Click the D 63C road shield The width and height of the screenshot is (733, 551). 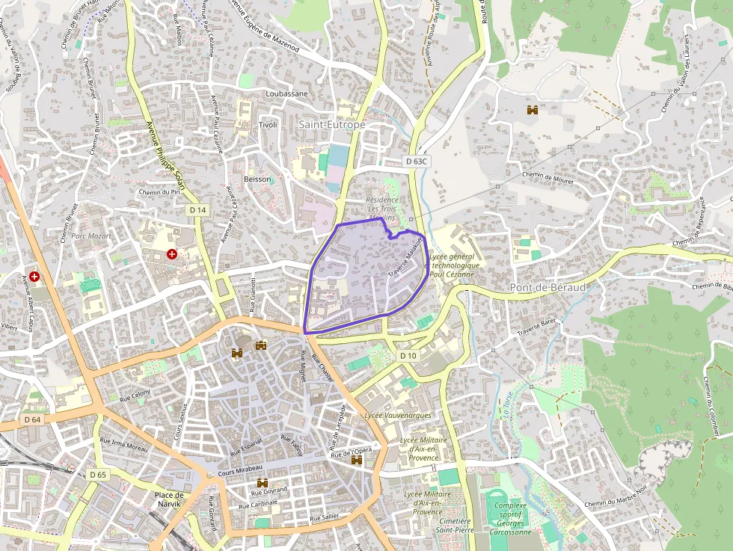(x=417, y=161)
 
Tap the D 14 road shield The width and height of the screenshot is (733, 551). (x=197, y=210)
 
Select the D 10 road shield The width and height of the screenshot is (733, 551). (x=408, y=356)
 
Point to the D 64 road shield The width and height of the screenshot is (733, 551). (x=31, y=419)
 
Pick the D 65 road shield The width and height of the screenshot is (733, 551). (x=98, y=474)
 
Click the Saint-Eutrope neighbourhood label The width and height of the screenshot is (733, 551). (x=332, y=125)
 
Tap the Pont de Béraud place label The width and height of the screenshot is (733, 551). (x=548, y=288)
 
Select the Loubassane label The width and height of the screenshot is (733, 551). (x=286, y=94)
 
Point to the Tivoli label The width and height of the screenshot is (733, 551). (x=268, y=124)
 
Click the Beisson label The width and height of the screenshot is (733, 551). (x=257, y=179)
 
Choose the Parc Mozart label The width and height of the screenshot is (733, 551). (x=91, y=236)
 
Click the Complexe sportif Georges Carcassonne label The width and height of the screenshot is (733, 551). (x=512, y=518)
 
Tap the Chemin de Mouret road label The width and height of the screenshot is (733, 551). (x=547, y=177)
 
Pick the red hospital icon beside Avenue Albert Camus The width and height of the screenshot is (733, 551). (x=34, y=277)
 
